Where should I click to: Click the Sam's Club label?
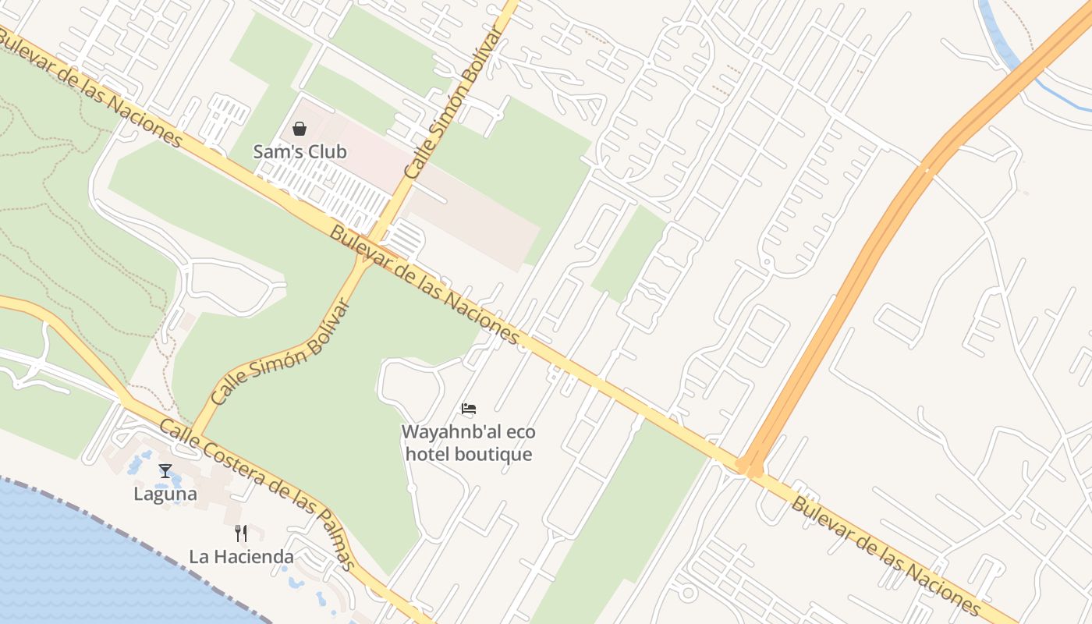300,151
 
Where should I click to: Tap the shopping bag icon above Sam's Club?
300,129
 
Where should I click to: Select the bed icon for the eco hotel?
468,408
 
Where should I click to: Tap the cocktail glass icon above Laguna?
165,470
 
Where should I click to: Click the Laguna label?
165,494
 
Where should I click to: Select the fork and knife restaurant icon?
241,534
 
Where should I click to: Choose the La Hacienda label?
241,557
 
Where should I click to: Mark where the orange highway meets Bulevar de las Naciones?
750,468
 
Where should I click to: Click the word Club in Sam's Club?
327,151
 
